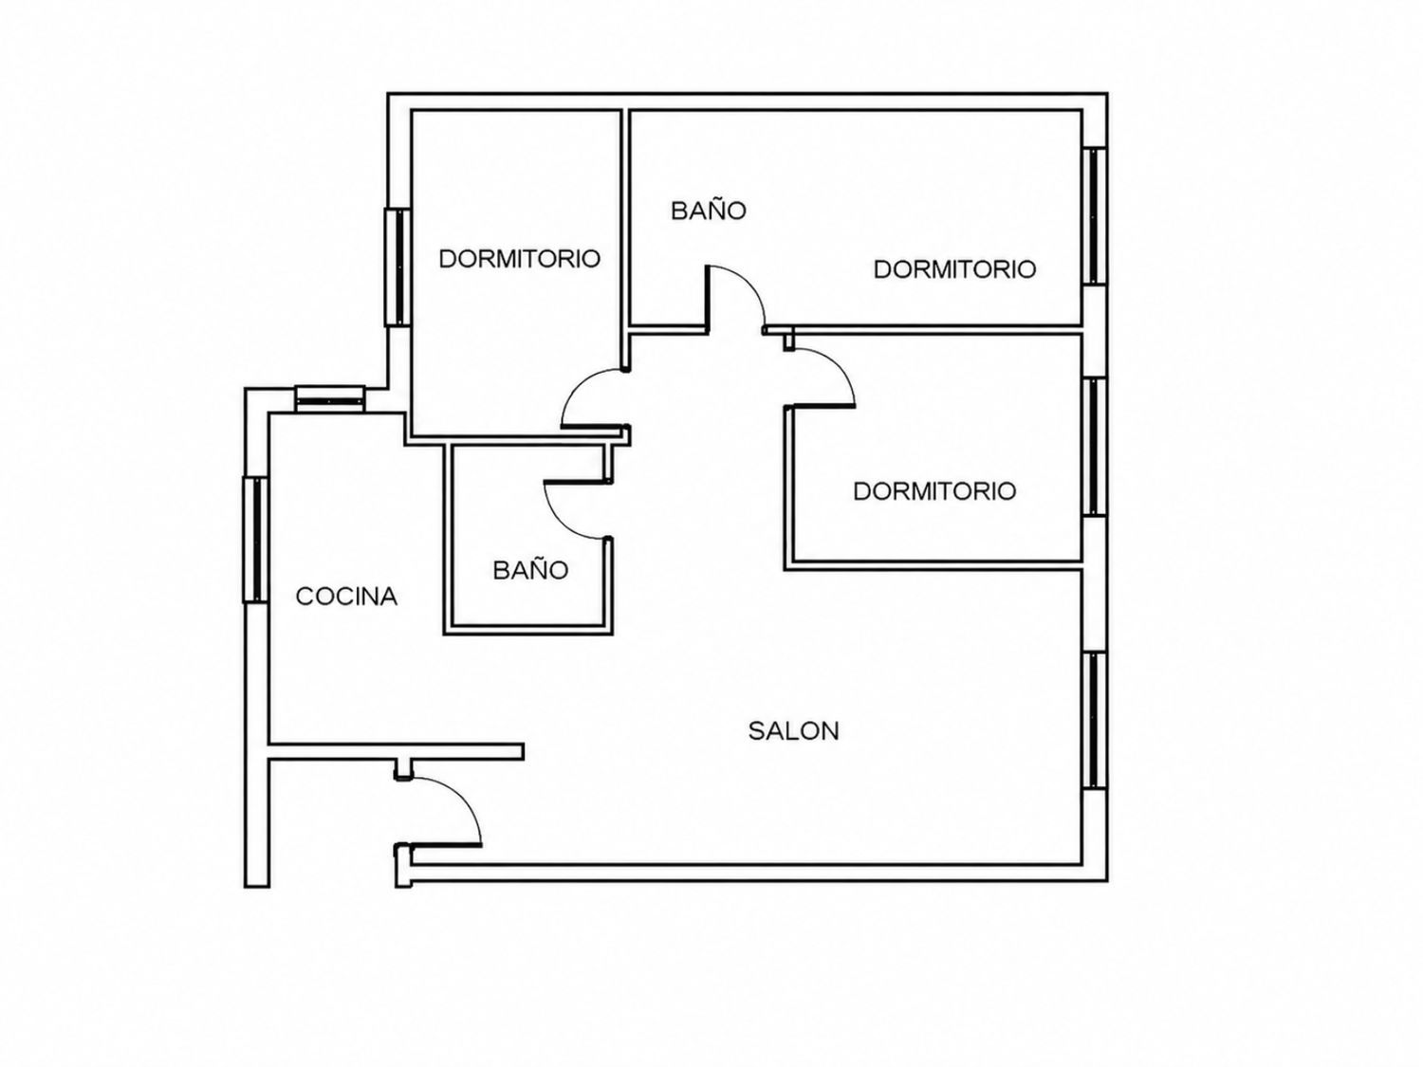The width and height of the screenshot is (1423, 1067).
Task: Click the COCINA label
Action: pos(346,597)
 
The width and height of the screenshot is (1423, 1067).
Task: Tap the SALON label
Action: pos(793,731)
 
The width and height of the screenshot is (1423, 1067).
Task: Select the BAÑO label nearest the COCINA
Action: pos(530,570)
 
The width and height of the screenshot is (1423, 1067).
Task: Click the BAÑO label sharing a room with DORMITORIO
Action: pos(709,211)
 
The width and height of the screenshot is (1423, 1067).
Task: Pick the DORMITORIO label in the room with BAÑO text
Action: pos(955,269)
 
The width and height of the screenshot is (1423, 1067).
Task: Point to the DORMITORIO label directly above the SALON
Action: pos(934,491)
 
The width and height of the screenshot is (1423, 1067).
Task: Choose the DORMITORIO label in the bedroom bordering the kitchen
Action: pos(519,259)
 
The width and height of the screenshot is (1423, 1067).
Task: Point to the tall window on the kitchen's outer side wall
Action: pos(255,540)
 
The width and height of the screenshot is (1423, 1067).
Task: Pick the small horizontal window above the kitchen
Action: pos(330,398)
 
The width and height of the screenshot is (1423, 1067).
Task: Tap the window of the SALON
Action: pos(1095,721)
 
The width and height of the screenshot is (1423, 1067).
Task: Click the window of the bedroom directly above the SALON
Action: pos(1095,447)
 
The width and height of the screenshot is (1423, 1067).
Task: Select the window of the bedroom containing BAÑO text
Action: pos(1095,215)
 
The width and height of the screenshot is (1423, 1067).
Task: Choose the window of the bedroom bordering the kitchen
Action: pos(397,267)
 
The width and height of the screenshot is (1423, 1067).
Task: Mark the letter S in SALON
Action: pos(756,731)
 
